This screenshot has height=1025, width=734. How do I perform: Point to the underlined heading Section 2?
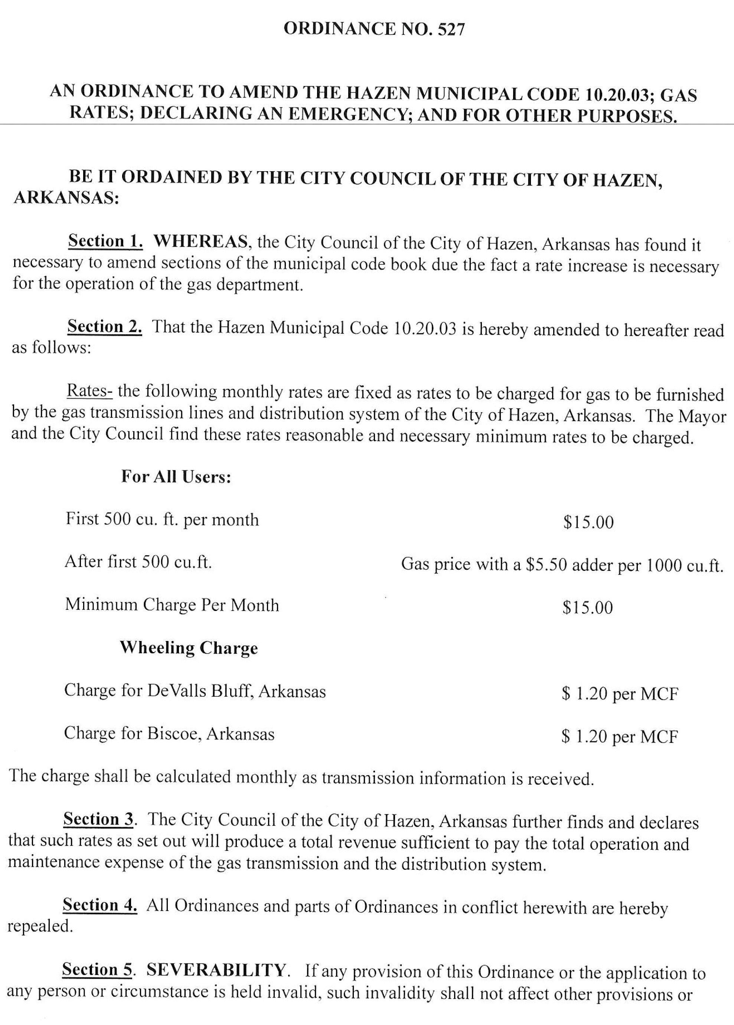pyautogui.click(x=105, y=327)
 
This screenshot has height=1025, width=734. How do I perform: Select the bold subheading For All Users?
pyautogui.click(x=176, y=477)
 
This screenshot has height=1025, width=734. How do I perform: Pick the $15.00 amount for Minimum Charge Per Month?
pyautogui.click(x=588, y=608)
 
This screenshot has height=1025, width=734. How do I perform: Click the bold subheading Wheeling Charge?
pyautogui.click(x=189, y=648)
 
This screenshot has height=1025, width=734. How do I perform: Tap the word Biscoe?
pyautogui.click(x=173, y=733)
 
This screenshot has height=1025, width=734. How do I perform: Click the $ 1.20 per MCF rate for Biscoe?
pyautogui.click(x=619, y=737)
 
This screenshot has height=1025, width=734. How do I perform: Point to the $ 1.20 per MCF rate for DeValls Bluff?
pyautogui.click(x=620, y=694)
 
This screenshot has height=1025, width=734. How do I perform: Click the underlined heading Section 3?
pyautogui.click(x=98, y=819)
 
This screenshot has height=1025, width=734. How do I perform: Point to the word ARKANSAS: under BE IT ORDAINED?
pyautogui.click(x=66, y=199)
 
